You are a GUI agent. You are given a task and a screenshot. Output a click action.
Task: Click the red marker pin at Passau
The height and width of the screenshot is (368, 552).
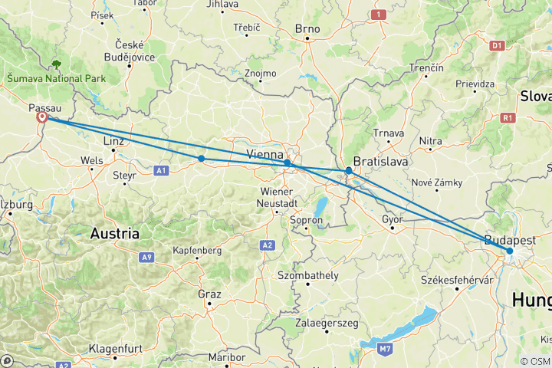pyautogui.click(x=42, y=118)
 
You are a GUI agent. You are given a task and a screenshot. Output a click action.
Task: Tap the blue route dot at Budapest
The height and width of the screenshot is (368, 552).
pyautogui.click(x=509, y=251)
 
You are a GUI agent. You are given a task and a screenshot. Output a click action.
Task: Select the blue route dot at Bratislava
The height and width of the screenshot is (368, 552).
pyautogui.click(x=349, y=170)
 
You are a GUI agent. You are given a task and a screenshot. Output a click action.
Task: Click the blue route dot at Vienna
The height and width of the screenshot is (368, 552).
pyautogui.click(x=287, y=163)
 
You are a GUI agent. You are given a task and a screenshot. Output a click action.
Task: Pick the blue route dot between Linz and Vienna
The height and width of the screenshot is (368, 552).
pyautogui.click(x=201, y=159)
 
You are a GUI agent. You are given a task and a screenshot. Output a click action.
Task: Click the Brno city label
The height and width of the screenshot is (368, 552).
pyautogui.click(x=307, y=29)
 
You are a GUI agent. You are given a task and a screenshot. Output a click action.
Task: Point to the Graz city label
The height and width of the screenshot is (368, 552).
pyautogui.click(x=209, y=294)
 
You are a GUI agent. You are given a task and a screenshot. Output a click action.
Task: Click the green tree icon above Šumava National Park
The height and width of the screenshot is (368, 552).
pyautogui.click(x=57, y=64)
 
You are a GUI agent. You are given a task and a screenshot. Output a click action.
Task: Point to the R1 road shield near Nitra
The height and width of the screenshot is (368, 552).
pyautogui.click(x=507, y=117)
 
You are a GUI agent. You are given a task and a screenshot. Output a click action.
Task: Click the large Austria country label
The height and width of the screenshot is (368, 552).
pyautogui.click(x=114, y=232)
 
